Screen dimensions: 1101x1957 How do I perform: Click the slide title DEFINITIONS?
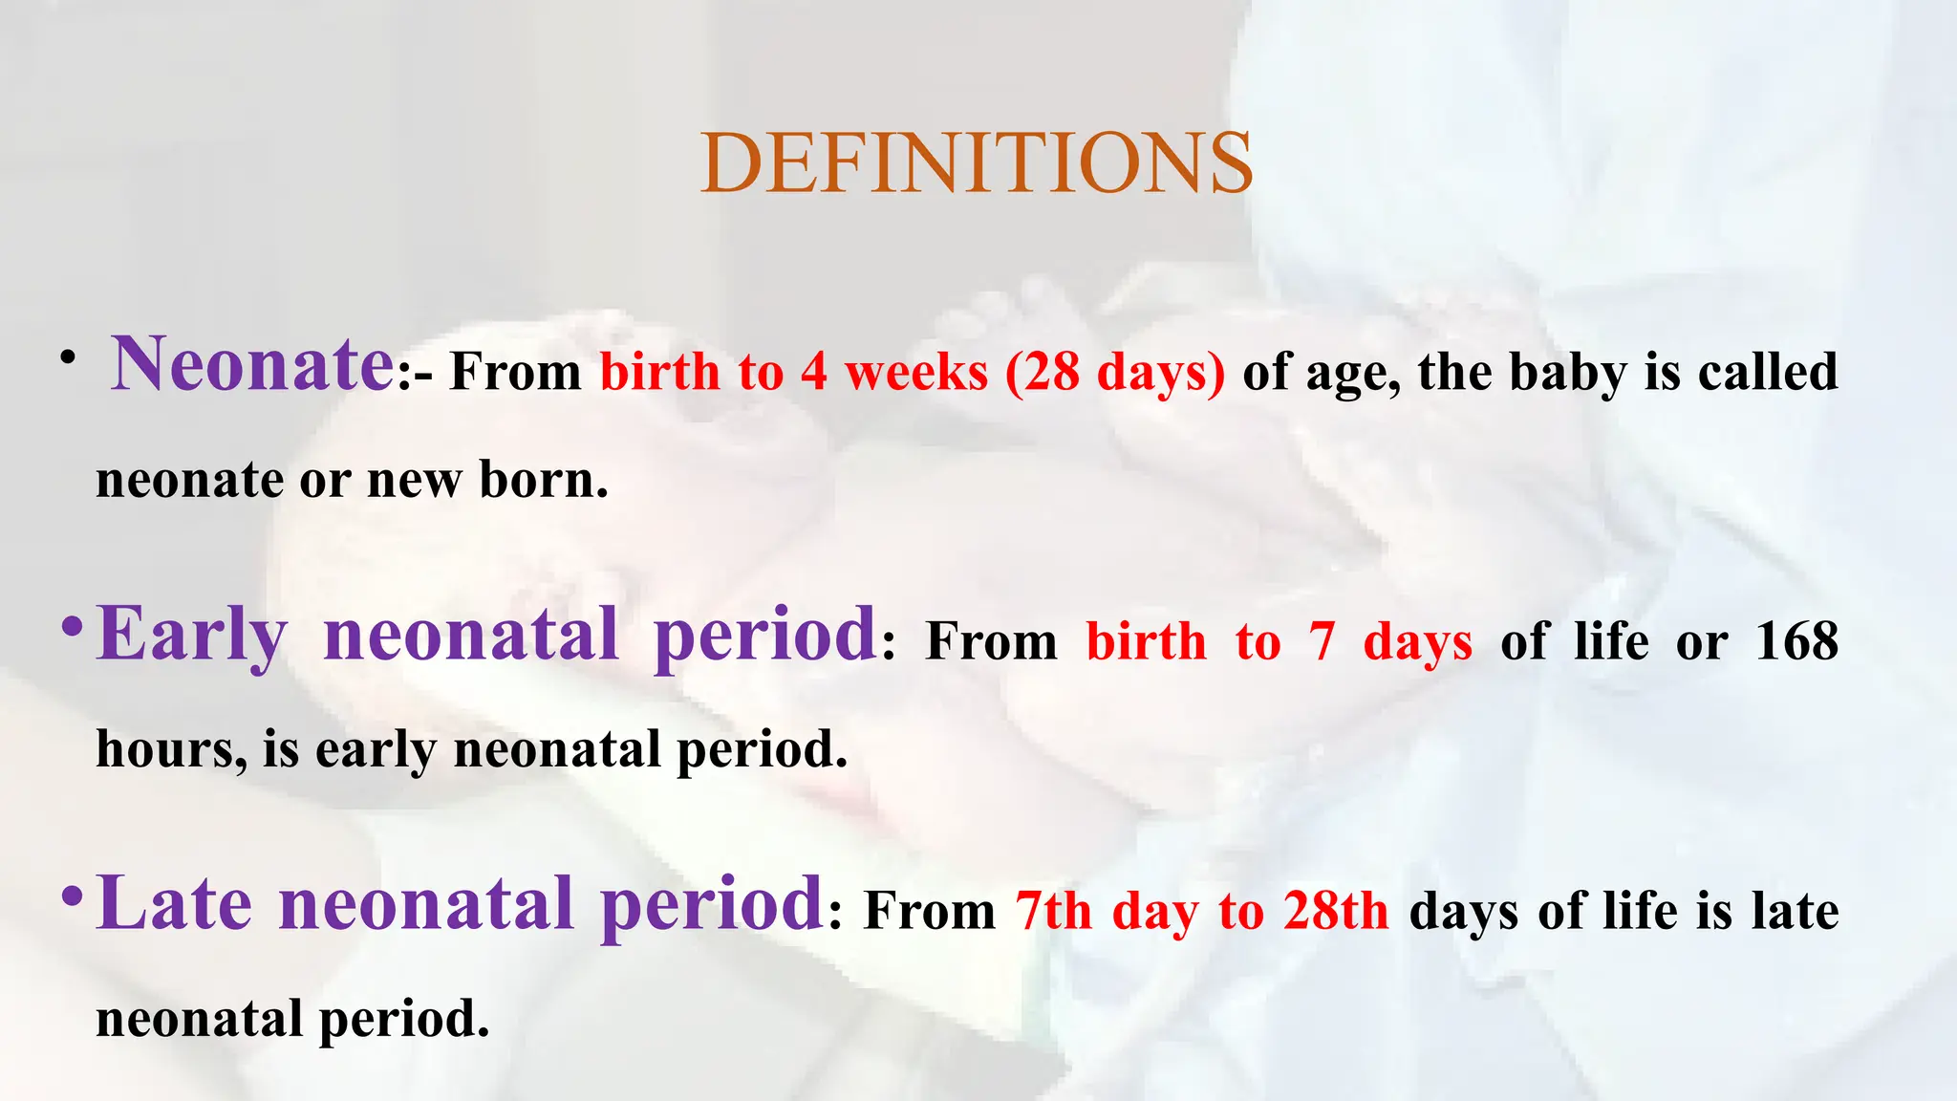976,163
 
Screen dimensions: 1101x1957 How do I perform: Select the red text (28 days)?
1114,373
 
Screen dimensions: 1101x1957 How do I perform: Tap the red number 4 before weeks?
814,372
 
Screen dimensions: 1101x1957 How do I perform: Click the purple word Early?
191,636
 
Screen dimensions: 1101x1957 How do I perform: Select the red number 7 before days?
1322,641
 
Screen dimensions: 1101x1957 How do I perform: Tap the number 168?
1796,641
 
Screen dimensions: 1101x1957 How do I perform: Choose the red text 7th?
1053,911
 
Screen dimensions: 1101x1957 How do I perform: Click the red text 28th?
1335,911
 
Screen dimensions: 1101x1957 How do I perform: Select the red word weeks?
916,372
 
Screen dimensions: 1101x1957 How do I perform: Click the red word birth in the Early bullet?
1147,641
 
